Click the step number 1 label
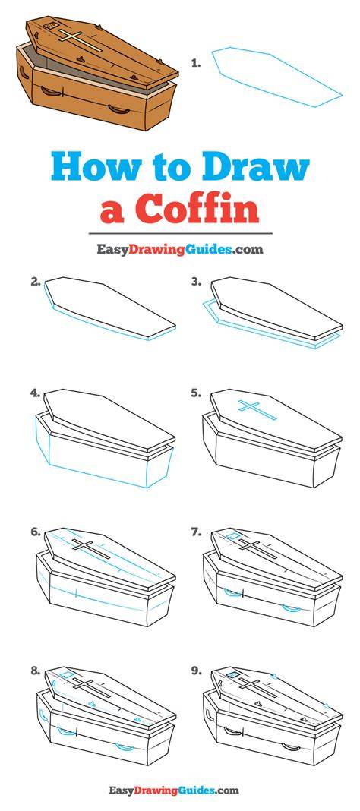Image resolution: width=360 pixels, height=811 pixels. tap(195, 64)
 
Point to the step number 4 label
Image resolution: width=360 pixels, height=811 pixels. tap(36, 393)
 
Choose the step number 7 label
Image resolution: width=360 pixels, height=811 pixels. tap(196, 532)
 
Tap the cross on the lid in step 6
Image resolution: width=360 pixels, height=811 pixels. tap(91, 548)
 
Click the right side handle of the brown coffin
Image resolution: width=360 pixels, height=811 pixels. tap(117, 109)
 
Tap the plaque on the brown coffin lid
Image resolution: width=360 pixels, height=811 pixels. tap(51, 25)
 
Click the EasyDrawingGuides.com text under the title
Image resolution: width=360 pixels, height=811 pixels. tap(180, 249)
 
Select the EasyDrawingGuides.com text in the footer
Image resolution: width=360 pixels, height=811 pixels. tap(175, 790)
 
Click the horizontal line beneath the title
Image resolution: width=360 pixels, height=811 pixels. tap(179, 234)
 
